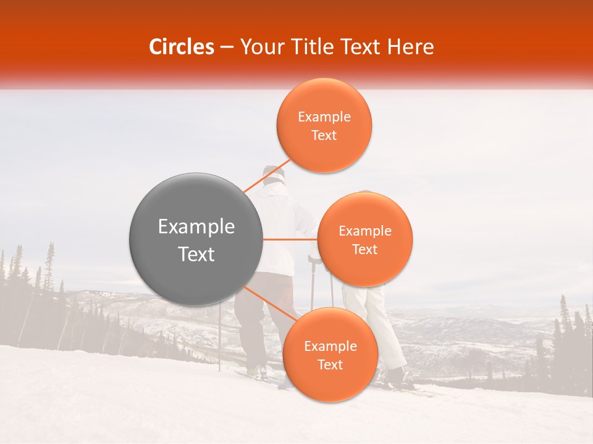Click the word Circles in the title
click(182, 47)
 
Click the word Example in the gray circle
click(196, 227)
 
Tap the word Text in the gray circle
click(196, 254)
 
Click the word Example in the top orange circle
click(324, 117)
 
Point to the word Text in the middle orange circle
click(365, 250)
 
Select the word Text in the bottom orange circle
click(330, 365)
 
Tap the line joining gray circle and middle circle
click(290, 239)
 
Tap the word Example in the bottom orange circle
click(330, 347)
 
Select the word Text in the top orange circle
click(324, 136)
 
